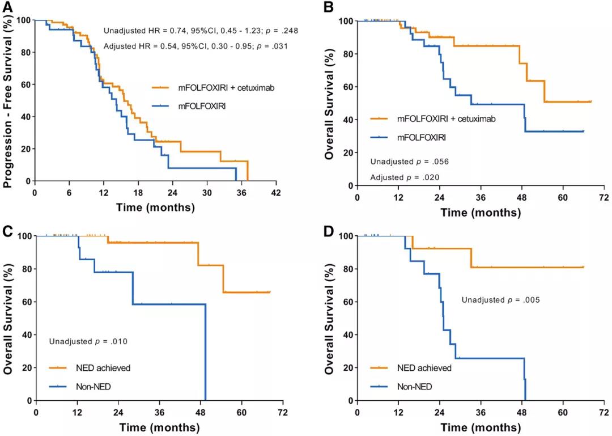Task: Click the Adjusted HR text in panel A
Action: coord(195,46)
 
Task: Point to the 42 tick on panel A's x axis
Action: coord(276,192)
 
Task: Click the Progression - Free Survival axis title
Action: coord(8,101)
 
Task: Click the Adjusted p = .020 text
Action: coord(405,177)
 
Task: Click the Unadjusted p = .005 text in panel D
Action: coord(499,299)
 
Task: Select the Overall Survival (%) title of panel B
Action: coord(331,102)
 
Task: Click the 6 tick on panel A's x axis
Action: coord(69,192)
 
